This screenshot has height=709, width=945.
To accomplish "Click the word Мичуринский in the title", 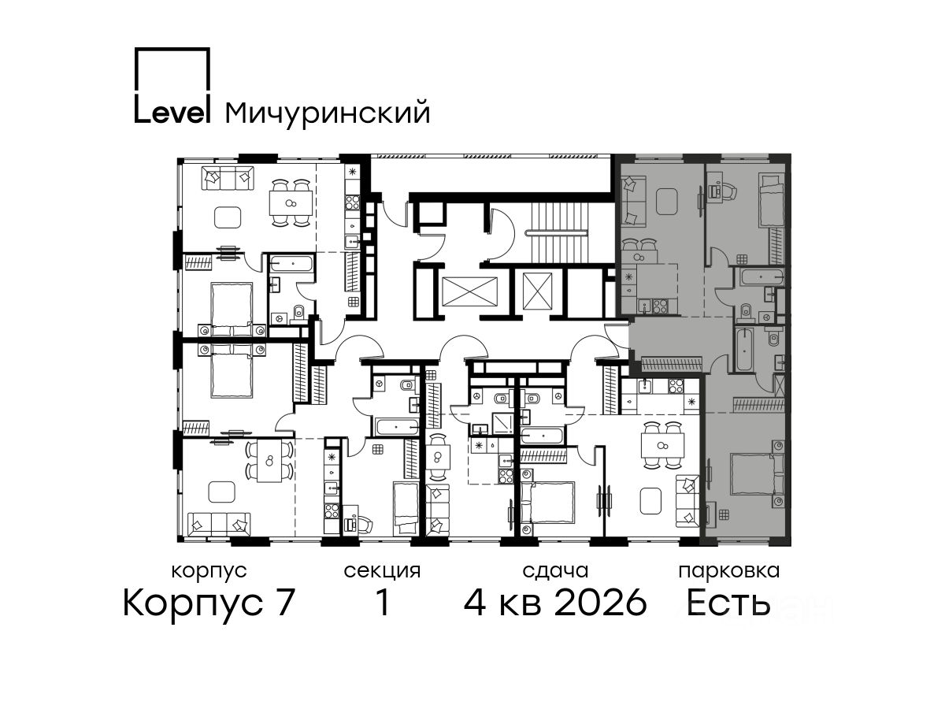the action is (x=327, y=113).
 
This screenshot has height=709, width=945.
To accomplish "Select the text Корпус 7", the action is (x=209, y=603).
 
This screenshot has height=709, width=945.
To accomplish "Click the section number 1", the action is (x=382, y=603).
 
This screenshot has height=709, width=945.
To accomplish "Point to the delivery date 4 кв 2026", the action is (x=555, y=603).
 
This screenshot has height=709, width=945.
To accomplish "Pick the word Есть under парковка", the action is (x=728, y=603).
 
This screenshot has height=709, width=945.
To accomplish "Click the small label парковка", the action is (x=729, y=571).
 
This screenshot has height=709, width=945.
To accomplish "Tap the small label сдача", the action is (x=555, y=571).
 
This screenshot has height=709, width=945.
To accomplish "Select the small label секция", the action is (x=382, y=571).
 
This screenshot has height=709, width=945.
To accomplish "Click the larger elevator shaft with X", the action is (x=469, y=291).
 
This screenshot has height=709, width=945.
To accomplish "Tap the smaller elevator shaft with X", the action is (x=537, y=291).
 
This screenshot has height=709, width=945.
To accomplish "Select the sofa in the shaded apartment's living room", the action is (x=633, y=201).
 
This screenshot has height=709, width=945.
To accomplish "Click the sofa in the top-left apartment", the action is (x=228, y=178).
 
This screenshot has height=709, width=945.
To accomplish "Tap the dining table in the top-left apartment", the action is (x=291, y=203).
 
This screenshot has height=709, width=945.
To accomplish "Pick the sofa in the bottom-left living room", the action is (x=219, y=524).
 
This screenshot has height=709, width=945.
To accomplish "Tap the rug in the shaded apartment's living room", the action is (x=667, y=201).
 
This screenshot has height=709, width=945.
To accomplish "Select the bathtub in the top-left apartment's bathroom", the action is (x=291, y=263).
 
